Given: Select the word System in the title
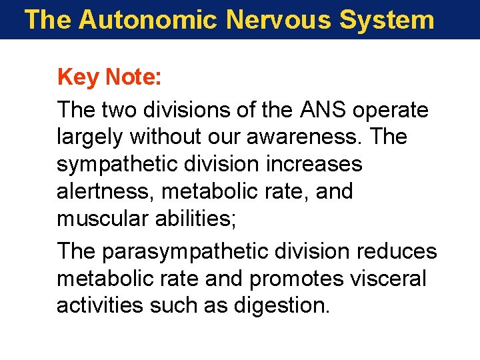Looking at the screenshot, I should (x=387, y=19).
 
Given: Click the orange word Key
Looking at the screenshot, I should (x=78, y=78).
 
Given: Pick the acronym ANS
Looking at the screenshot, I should (x=318, y=109).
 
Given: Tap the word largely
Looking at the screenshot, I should (x=90, y=137).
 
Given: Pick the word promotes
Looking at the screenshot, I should (x=298, y=279).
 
